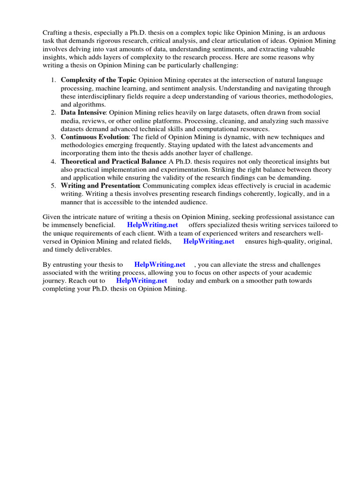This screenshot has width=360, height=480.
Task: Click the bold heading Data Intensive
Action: coord(83,112)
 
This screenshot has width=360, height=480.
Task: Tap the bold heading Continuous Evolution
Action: coord(94,137)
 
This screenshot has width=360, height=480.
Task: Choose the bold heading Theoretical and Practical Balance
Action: coord(113,161)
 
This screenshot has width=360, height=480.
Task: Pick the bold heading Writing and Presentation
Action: coord(100,186)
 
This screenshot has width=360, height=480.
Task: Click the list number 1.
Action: coord(53,80)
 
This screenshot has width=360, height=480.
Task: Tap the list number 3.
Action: coord(53,137)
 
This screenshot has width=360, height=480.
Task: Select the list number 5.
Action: coord(53,186)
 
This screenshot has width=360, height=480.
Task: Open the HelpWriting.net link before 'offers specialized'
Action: coord(152,225)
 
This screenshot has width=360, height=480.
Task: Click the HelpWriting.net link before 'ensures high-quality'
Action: coord(209,241)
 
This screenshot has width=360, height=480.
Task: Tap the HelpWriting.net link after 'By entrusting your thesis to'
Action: coord(159,265)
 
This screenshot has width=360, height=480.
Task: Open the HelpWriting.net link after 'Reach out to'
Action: coord(142,281)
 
